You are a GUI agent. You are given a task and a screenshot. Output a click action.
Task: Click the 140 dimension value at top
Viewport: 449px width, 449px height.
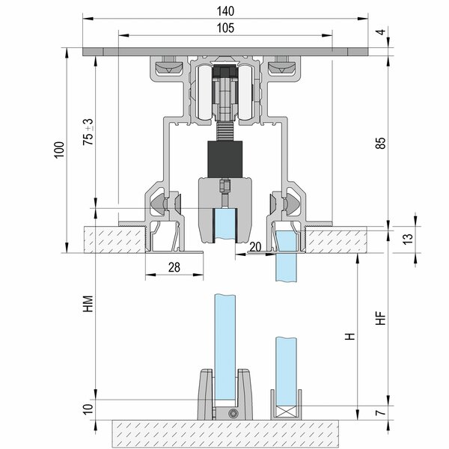pos(225,11)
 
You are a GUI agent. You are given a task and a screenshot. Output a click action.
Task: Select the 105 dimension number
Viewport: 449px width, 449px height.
pos(225,28)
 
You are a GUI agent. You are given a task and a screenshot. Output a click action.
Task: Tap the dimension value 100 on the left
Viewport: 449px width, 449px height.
pos(60,150)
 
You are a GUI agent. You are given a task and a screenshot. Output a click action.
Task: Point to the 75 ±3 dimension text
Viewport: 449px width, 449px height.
pos(88,132)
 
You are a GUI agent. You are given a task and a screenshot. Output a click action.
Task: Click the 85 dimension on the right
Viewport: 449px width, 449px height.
pos(381,143)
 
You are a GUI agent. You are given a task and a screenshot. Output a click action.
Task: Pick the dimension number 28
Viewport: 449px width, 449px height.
pos(174,267)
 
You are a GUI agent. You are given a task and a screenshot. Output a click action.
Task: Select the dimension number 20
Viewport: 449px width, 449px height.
pos(255,246)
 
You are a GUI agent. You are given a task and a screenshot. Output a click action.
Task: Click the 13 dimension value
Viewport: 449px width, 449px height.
pos(408,239)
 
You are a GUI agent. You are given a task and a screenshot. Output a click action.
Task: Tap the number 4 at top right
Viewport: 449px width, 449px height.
pos(381,31)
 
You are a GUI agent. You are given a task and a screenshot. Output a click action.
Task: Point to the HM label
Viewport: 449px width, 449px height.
pos(88,304)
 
